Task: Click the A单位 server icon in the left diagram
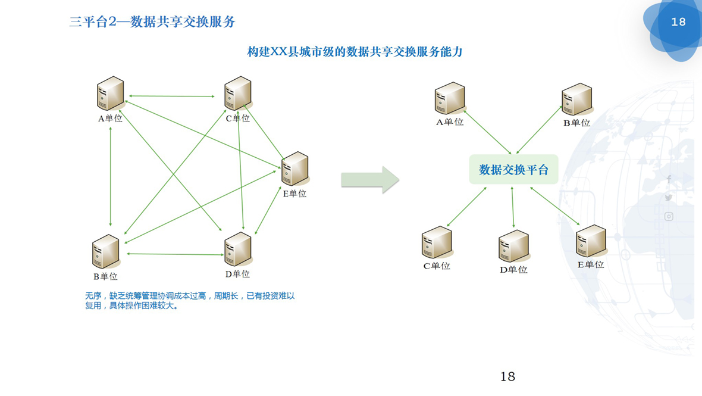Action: tap(110, 93)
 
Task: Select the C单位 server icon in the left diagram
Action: tap(237, 93)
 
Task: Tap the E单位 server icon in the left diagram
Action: tap(294, 169)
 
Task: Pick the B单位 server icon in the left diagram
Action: tap(106, 252)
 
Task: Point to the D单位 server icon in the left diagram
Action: tap(237, 249)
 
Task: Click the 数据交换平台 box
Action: tap(513, 170)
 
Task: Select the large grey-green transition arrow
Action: tap(369, 180)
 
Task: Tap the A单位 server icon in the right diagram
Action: tap(449, 98)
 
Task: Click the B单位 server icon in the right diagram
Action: tap(576, 99)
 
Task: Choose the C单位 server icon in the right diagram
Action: tap(437, 243)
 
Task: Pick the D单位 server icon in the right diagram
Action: tap(513, 246)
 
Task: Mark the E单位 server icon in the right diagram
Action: tap(591, 241)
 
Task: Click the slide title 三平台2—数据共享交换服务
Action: tap(152, 22)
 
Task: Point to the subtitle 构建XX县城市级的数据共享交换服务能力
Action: tap(355, 52)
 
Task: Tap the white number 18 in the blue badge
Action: tap(678, 22)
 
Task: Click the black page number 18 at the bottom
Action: tap(507, 376)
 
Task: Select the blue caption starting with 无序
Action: tap(190, 301)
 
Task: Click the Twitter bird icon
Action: tap(669, 198)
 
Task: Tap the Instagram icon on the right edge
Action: tap(669, 217)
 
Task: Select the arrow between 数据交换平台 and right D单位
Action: tap(513, 207)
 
